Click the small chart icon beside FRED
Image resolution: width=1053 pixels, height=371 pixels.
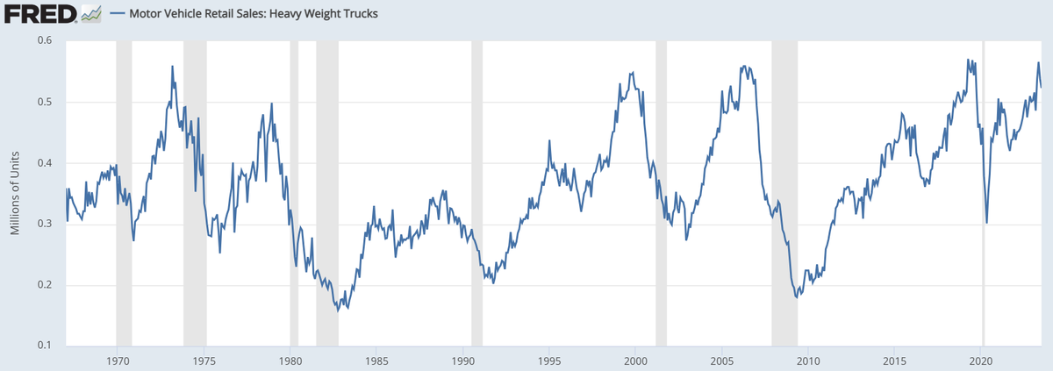91,15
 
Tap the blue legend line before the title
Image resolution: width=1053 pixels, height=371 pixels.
118,15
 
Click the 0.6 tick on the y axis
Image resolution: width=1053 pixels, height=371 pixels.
44,40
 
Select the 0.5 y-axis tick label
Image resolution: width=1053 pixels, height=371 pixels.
44,102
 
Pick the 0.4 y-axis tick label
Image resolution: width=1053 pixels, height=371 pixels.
44,163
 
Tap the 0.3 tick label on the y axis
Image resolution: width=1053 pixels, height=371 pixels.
44,225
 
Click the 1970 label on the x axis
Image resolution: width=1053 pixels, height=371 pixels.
118,360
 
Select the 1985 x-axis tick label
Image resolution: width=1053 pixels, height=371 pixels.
376,360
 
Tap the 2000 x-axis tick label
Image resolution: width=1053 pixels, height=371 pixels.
635,360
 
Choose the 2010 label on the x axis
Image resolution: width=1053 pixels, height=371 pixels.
808,360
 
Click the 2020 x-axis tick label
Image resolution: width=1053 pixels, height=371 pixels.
980,360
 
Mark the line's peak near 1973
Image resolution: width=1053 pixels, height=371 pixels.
172,67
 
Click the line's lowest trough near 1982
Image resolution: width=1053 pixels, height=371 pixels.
339,310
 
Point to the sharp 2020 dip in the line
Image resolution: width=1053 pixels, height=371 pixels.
987,223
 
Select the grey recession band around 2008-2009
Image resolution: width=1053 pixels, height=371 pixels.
784,193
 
